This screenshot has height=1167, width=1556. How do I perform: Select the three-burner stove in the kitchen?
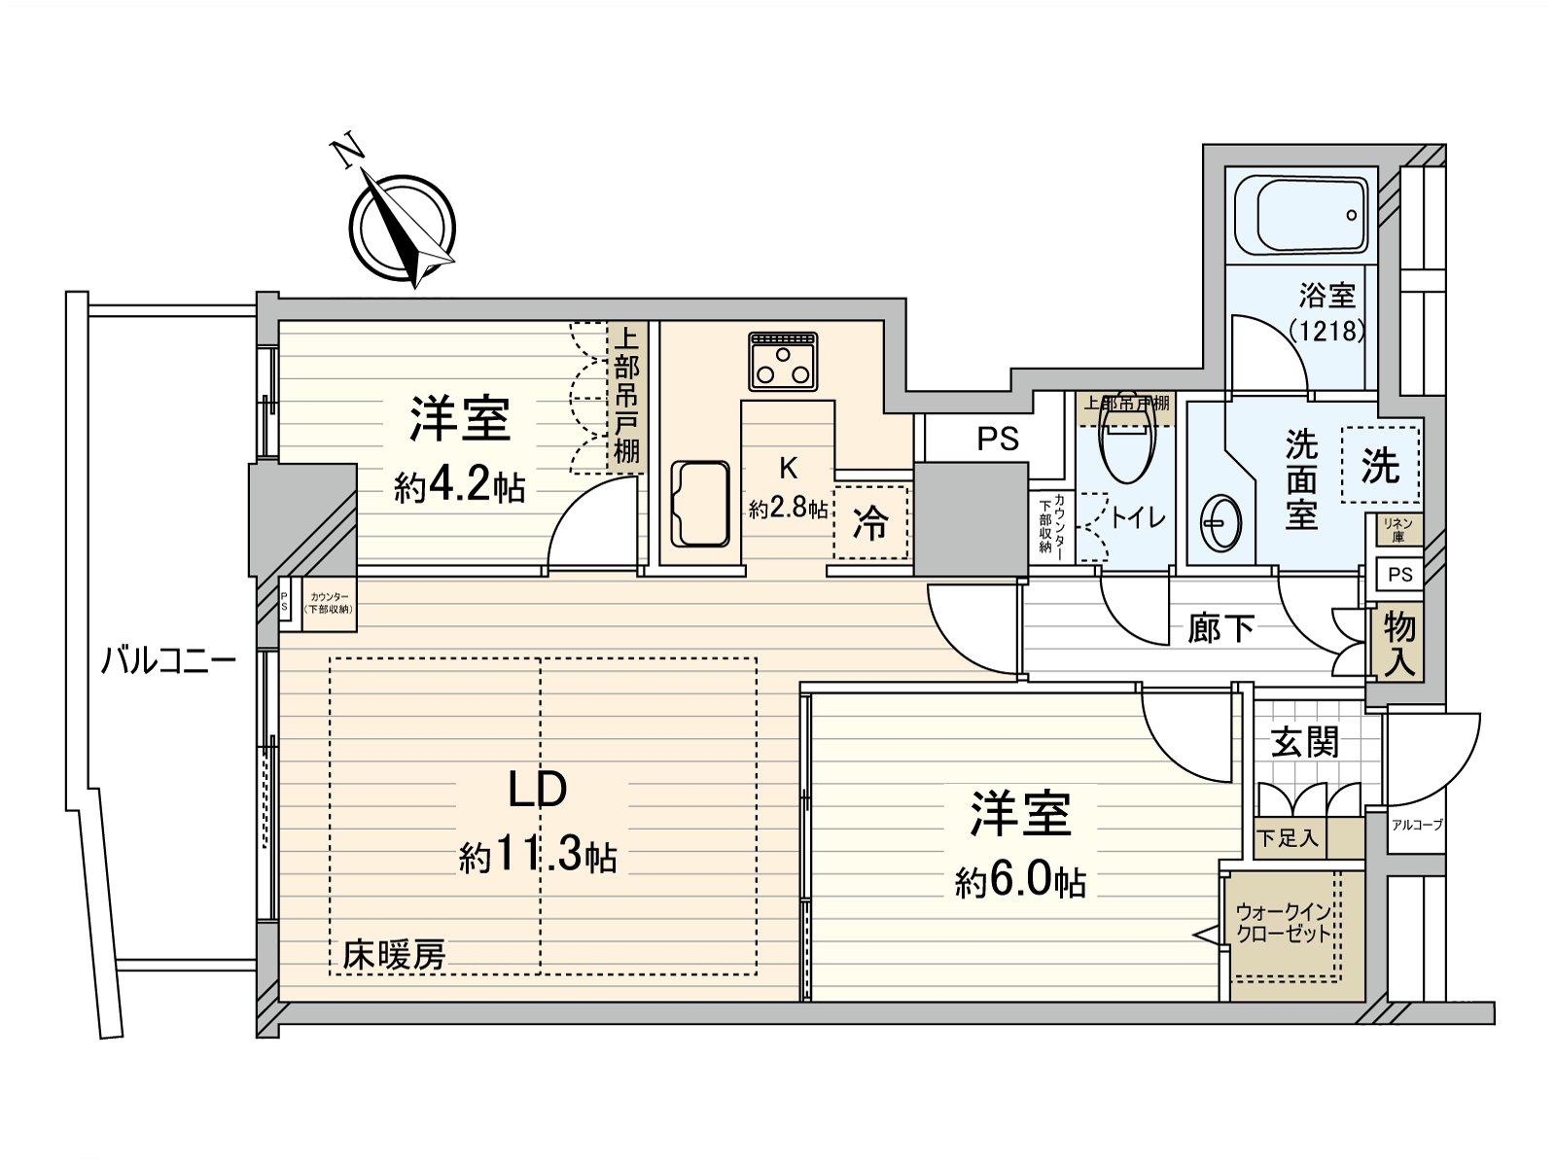coord(783,362)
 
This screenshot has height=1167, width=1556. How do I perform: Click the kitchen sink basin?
coord(700,504)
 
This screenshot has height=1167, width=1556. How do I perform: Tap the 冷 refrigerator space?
coord(870,523)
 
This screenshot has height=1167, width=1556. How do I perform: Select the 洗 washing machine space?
coord(1380,465)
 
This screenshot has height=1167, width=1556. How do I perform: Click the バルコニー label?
coord(169,663)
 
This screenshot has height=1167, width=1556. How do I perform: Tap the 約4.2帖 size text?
coord(459,486)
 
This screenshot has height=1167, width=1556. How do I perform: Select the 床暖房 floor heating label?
coord(393,955)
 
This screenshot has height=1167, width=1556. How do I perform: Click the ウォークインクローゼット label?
coord(1283,923)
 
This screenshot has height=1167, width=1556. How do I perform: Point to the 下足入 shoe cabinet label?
coord(1288,837)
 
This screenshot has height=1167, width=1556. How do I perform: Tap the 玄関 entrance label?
coord(1305,743)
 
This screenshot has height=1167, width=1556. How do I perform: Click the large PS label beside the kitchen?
coord(998,439)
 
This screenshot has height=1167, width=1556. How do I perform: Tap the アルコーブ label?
coord(1417,825)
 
